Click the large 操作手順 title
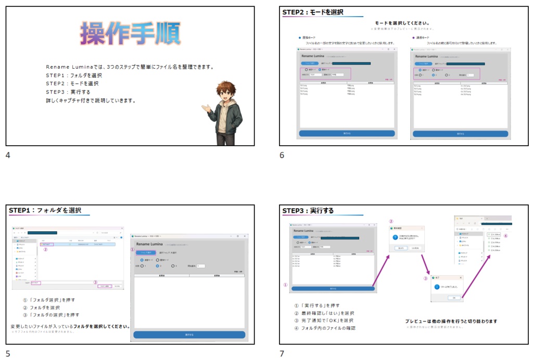(x=130, y=34)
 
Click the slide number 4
(x=8, y=155)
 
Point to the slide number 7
(x=282, y=354)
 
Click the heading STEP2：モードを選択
(x=313, y=12)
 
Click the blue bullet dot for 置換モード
(x=300, y=37)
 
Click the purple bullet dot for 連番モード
(x=413, y=37)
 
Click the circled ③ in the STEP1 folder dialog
(x=95, y=282)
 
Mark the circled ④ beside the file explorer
(x=505, y=235)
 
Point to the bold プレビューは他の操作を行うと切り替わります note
(x=451, y=321)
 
